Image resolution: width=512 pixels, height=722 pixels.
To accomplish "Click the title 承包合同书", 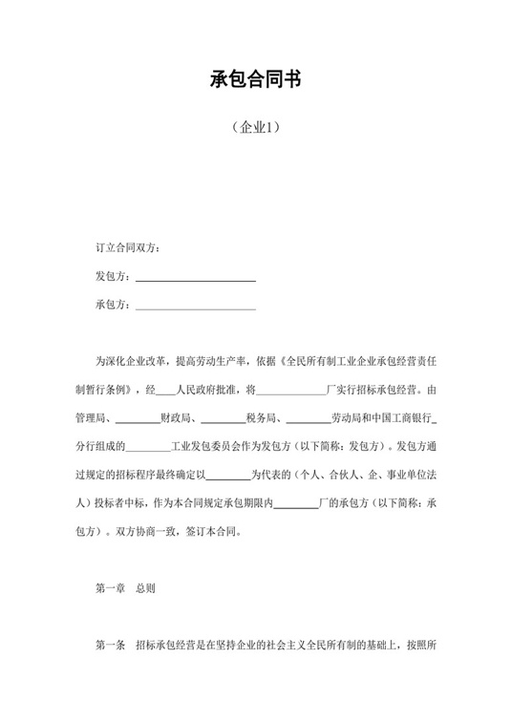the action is [255, 80].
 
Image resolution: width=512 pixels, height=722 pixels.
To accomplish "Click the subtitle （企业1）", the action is [255, 127].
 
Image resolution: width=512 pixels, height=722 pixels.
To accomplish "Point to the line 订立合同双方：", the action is [128, 249].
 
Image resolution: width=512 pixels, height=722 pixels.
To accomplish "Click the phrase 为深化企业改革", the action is [133, 362].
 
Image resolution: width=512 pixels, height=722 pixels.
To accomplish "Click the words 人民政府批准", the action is [206, 390].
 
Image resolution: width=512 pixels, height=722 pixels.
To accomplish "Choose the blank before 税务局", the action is [223, 418].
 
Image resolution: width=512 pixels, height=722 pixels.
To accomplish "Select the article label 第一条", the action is [111, 646].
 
